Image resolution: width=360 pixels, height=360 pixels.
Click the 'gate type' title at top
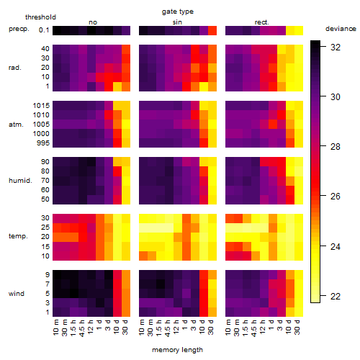click(178, 12)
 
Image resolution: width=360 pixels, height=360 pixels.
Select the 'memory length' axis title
click(177, 350)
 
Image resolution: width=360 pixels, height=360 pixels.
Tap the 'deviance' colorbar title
click(341, 29)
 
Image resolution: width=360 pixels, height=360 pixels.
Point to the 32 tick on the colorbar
click(323, 48)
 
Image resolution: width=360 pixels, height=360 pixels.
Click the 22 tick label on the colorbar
click(336, 297)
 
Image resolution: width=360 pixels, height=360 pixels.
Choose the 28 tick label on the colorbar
click(336, 147)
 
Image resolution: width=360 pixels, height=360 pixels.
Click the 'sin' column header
click(177, 22)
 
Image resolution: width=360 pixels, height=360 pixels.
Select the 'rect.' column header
click(261, 22)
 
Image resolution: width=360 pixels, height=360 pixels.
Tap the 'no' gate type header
click(93, 22)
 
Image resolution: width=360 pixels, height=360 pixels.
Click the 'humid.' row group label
click(20, 181)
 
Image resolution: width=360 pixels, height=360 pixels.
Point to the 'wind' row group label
click(17, 294)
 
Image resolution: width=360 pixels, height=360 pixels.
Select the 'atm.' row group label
click(16, 125)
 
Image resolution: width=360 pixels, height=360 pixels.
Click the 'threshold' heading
click(40, 17)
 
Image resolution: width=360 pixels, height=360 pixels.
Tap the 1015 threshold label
click(41, 106)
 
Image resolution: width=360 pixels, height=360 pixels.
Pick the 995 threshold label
click(43, 143)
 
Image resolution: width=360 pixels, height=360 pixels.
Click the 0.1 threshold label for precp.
click(44, 30)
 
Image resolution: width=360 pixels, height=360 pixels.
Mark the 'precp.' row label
click(19, 29)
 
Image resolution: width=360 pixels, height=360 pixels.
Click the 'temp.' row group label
click(18, 236)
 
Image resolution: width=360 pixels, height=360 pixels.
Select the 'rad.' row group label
click(15, 68)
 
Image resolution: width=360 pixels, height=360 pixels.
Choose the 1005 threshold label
click(41, 125)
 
